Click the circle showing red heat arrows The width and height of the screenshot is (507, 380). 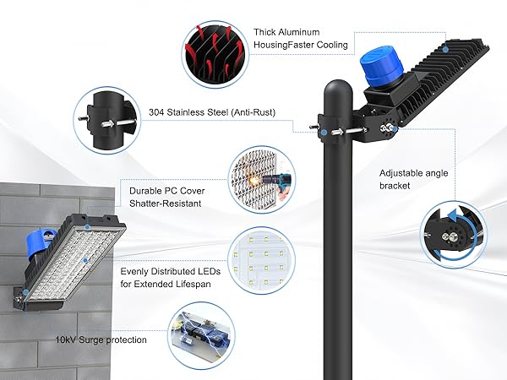click(x=211, y=52)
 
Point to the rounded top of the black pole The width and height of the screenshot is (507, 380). click(x=339, y=88)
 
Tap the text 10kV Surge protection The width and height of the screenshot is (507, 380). click(x=97, y=339)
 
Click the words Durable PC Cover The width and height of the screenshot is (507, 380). click(x=167, y=191)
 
